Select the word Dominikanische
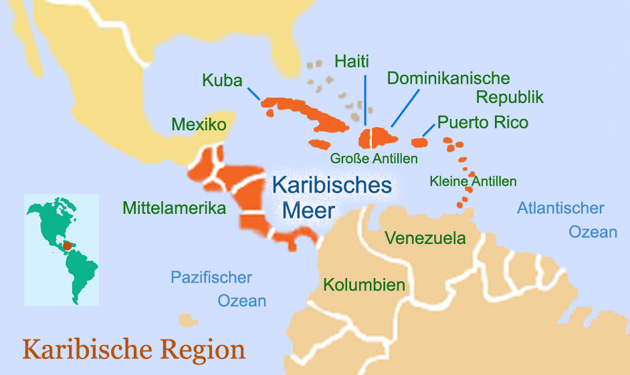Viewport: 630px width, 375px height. (x=449, y=78)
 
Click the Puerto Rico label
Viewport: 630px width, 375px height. (x=483, y=122)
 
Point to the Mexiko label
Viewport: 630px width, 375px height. (x=199, y=124)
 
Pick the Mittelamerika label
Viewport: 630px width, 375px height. (x=175, y=208)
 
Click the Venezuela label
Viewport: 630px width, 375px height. (x=425, y=238)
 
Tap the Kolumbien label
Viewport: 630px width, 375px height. (x=364, y=285)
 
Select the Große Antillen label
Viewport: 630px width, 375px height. (x=374, y=159)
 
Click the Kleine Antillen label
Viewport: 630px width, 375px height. (x=473, y=181)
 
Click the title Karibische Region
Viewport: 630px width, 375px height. (x=134, y=350)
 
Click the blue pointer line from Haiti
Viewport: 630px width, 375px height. (x=365, y=100)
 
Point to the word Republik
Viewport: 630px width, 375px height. (x=510, y=97)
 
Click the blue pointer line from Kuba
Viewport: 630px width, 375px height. (x=253, y=93)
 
